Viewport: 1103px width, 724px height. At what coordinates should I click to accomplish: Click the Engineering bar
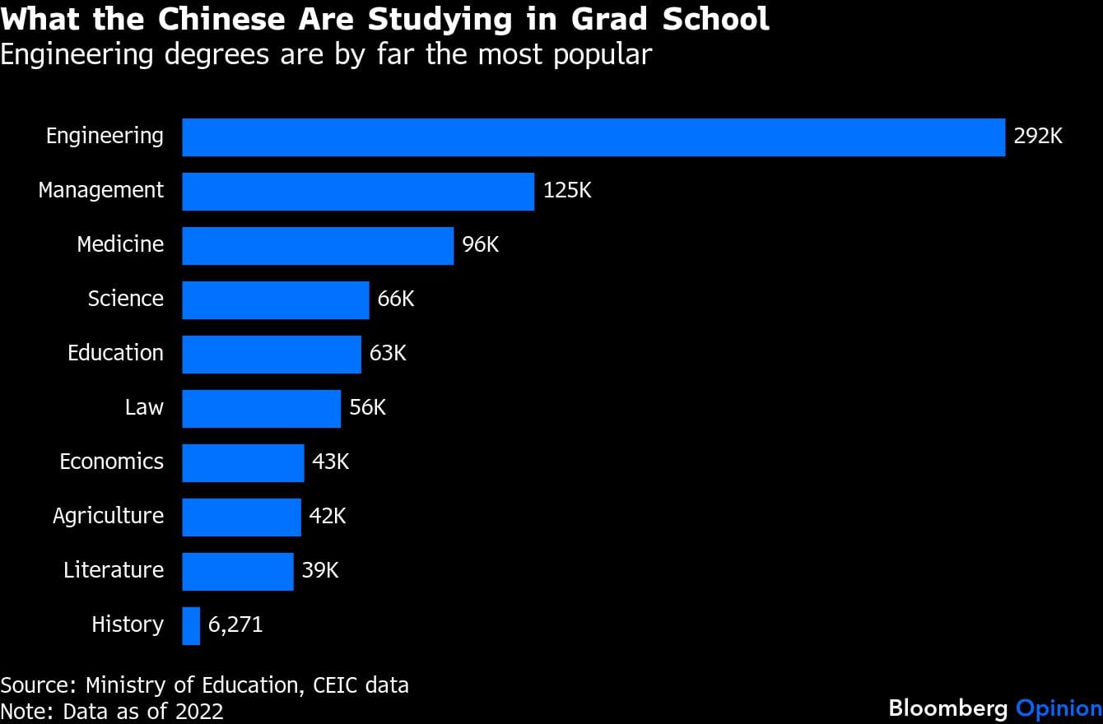[x=593, y=137]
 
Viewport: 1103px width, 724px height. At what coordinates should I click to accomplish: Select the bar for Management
[x=358, y=191]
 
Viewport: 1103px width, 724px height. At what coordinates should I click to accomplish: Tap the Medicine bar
[x=318, y=245]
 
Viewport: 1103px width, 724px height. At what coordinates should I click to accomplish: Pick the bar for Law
[x=261, y=408]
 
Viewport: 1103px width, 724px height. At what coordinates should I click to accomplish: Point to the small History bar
[x=191, y=625]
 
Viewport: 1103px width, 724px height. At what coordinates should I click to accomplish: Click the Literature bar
[x=237, y=571]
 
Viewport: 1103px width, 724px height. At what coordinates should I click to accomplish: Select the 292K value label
[x=1038, y=137]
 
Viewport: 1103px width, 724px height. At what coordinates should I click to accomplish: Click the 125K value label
[x=567, y=191]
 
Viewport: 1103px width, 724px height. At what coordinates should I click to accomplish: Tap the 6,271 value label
[x=235, y=625]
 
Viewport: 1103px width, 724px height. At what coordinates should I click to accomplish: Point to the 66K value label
[x=396, y=299]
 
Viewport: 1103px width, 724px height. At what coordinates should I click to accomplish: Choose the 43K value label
[x=331, y=462]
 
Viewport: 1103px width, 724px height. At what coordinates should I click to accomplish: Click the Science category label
[x=126, y=299]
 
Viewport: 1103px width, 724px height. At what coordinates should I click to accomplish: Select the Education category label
[x=115, y=353]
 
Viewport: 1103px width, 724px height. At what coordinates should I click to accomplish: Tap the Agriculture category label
[x=108, y=516]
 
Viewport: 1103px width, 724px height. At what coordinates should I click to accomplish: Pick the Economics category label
[x=111, y=462]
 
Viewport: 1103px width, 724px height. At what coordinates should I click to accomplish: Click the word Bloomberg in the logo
[x=948, y=708]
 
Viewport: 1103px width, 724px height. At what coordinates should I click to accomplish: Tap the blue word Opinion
[x=1059, y=708]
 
